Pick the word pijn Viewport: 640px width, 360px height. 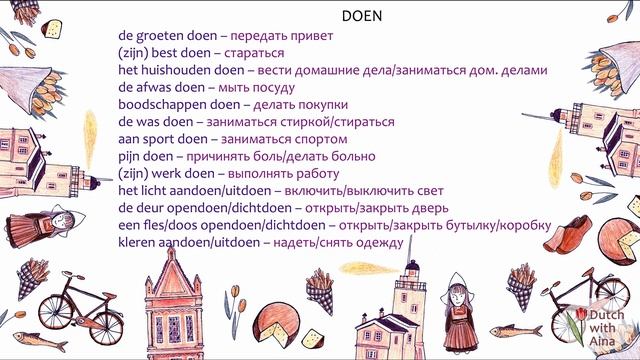click(x=131, y=157)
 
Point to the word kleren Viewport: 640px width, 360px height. click(x=138, y=242)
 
